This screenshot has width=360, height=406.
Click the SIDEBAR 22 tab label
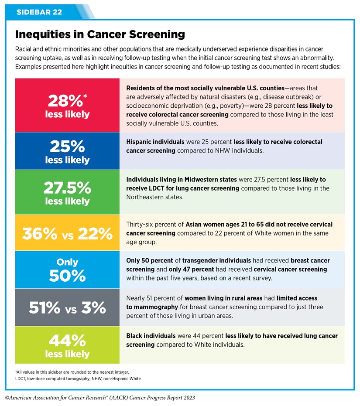pos(39,12)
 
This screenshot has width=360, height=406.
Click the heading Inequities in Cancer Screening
pos(100,34)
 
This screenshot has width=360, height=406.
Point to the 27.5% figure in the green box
pos(67,188)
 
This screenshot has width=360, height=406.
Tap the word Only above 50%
pos(67,262)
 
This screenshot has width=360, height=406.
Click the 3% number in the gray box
pos(94,307)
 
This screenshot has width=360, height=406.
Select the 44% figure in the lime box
pos(67,340)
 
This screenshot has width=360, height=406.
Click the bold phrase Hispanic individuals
pos(153,142)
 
